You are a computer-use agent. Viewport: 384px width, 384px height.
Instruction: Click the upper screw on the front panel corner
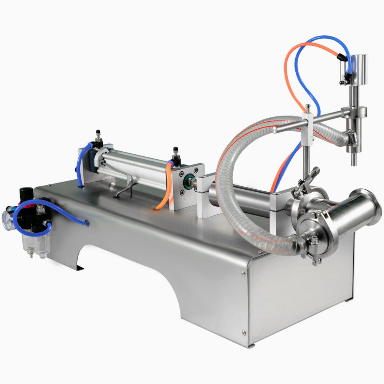tap(243, 273)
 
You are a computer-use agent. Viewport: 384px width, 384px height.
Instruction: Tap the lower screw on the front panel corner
tap(243, 333)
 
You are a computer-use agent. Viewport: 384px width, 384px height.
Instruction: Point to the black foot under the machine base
tap(79, 268)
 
